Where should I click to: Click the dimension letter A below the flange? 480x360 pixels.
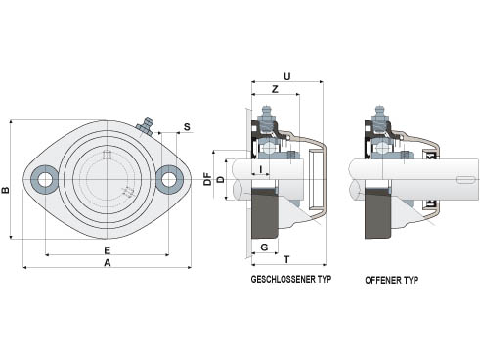108,263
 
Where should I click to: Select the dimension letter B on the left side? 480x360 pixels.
6,190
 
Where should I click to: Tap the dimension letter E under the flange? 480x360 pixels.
108,250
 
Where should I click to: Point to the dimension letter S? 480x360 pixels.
187,127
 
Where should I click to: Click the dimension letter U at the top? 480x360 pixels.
287,76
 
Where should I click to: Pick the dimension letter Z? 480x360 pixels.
275,89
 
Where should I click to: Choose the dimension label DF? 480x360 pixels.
207,180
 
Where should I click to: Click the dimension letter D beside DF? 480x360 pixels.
221,179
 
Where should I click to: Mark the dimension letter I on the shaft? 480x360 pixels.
261,169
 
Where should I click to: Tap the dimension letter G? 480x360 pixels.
265,247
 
